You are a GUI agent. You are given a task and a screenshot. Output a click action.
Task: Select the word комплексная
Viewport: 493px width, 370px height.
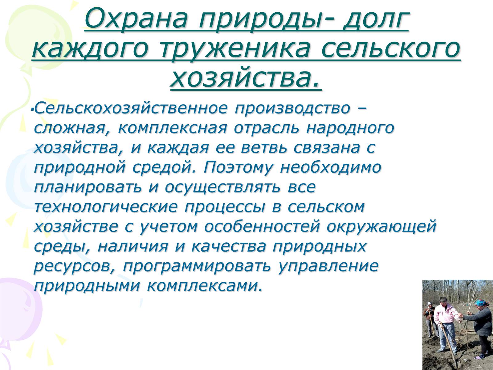click(172, 128)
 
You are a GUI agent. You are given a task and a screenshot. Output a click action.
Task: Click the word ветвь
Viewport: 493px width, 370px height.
click(264, 148)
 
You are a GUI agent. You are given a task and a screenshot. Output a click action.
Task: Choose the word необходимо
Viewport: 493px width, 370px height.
click(331, 167)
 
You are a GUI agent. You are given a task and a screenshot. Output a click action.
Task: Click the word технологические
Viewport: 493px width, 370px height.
click(106, 207)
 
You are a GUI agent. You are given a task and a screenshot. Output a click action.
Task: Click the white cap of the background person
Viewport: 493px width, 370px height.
click(429, 304)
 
